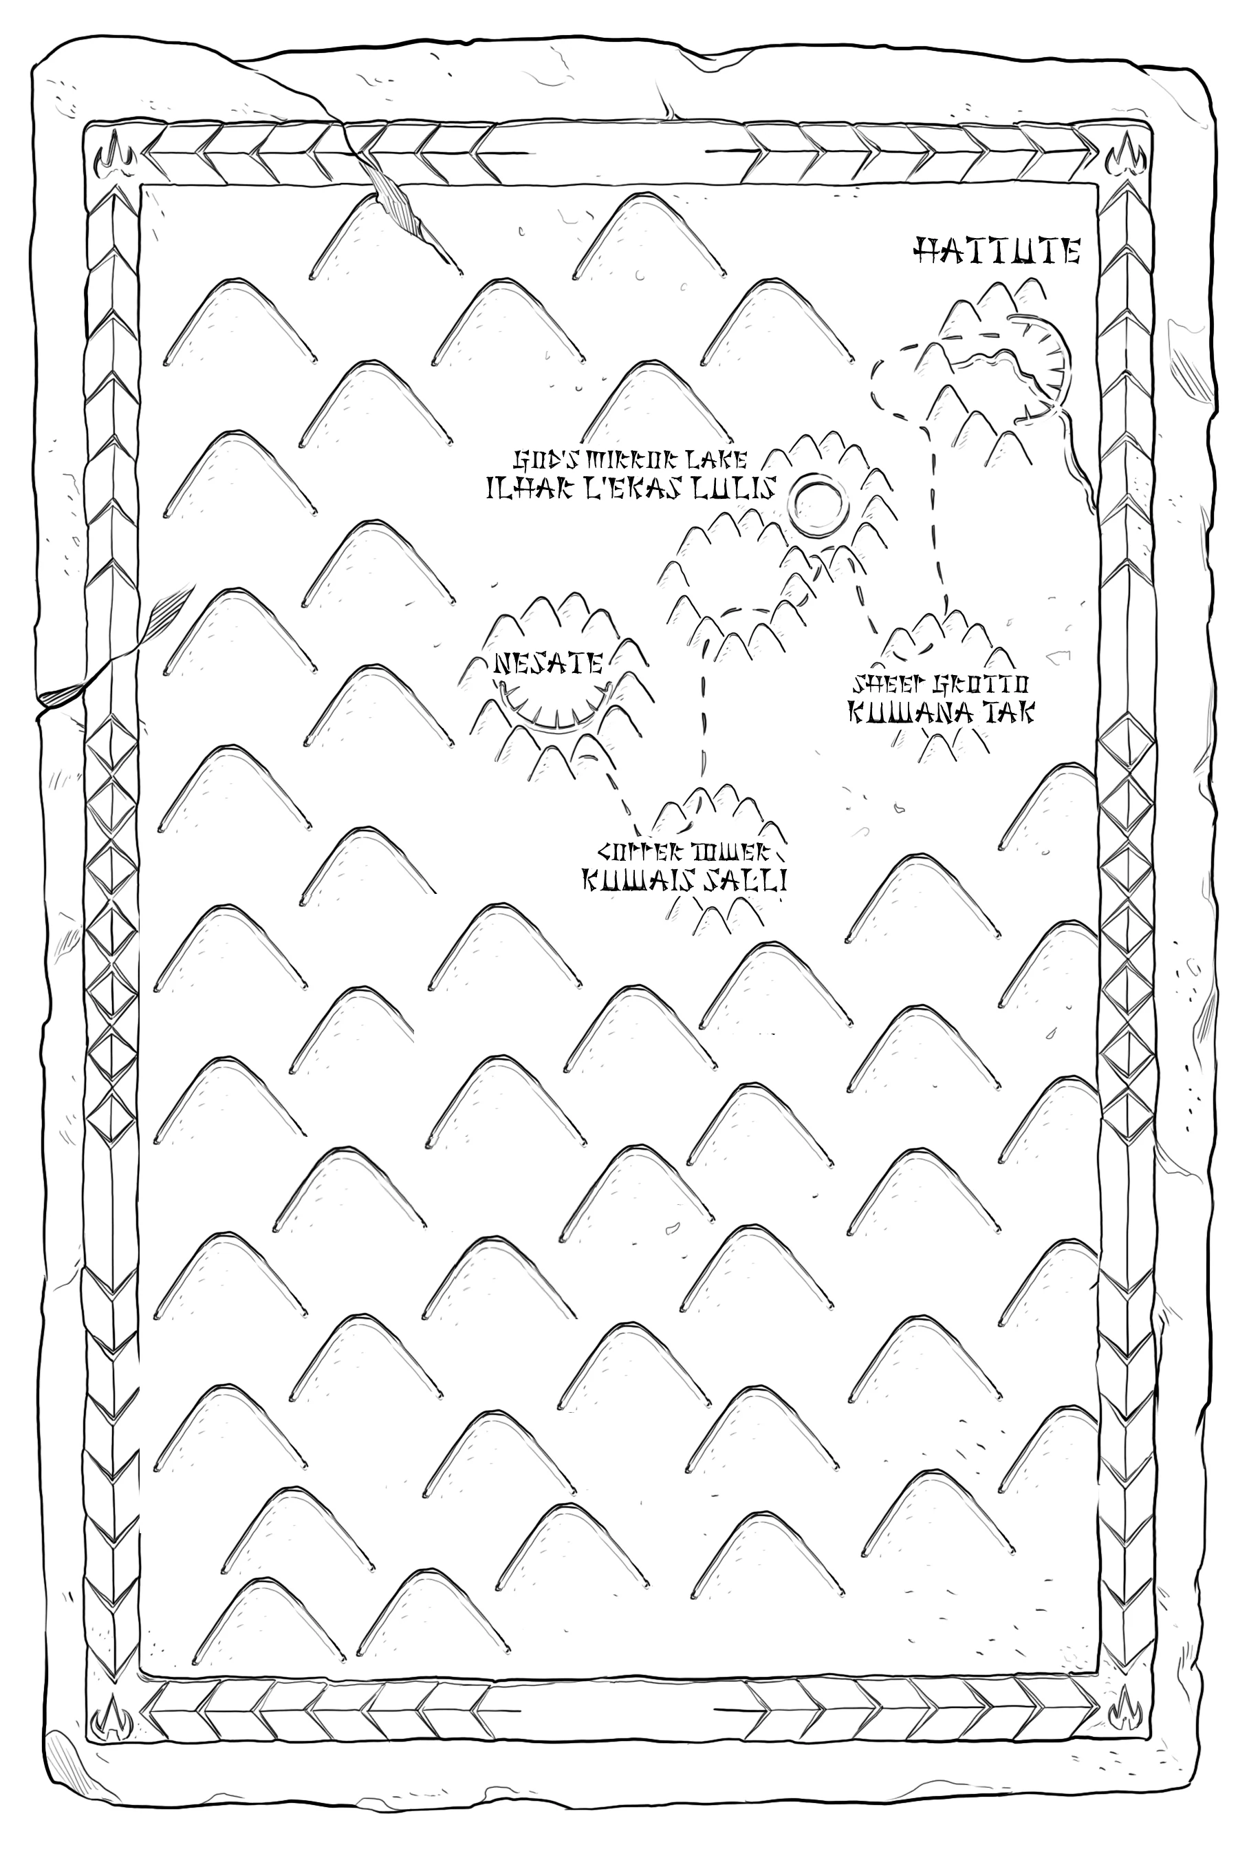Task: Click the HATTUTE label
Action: click(x=997, y=251)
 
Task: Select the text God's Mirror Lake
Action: click(x=631, y=459)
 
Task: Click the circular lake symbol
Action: click(x=818, y=502)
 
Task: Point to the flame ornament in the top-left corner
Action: click(x=111, y=158)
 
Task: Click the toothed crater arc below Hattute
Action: click(x=1050, y=363)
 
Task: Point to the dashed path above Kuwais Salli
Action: click(x=700, y=711)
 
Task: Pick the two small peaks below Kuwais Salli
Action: click(x=724, y=917)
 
